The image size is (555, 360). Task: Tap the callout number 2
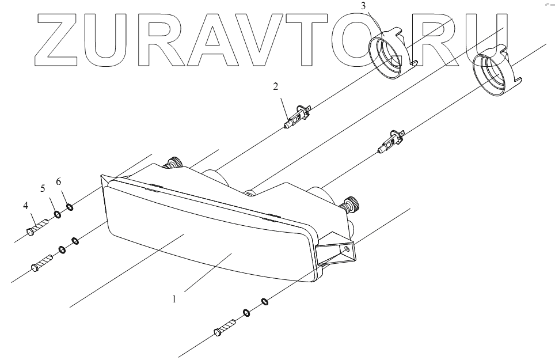[276, 87]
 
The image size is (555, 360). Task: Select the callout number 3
[363, 6]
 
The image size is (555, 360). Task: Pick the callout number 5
[42, 188]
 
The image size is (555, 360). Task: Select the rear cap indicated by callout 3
[392, 55]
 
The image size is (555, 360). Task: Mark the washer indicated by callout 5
[58, 215]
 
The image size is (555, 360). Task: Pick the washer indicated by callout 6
[70, 207]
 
